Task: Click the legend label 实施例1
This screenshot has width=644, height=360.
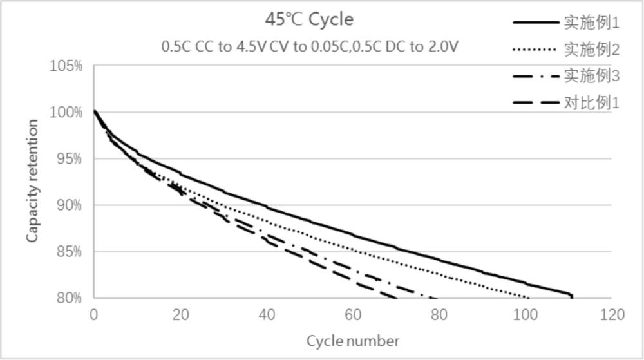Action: pos(591,23)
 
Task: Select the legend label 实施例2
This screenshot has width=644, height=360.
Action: pos(591,50)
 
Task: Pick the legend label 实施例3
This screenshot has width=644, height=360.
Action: pos(591,76)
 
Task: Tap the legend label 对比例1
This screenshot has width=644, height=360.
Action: pos(591,102)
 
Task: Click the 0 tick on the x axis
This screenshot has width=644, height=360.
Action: pos(94,315)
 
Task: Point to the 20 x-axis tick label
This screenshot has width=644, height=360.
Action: pos(180,315)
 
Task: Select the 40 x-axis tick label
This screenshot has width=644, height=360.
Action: pos(267,315)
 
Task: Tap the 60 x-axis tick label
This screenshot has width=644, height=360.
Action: pos(353,315)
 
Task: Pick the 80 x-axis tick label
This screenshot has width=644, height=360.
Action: pos(439,315)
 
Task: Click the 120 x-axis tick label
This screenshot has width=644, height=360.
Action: pos(611,315)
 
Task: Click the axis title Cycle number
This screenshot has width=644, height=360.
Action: pos(352,341)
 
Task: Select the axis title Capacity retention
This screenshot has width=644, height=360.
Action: pos(32,181)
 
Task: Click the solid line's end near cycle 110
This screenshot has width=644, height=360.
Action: pos(571,296)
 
